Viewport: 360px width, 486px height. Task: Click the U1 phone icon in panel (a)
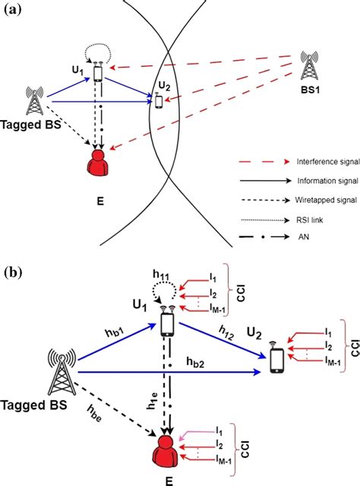(x=98, y=74)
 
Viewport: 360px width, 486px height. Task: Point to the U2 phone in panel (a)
(x=158, y=101)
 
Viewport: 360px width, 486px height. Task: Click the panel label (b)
(x=14, y=271)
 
